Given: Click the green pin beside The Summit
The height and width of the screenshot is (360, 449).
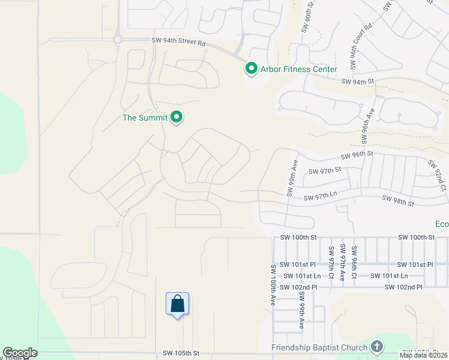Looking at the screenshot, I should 176,118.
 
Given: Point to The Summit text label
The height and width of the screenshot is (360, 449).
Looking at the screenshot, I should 145,118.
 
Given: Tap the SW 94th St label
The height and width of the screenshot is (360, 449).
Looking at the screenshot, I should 358,81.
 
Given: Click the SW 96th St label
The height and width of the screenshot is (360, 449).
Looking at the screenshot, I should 357,155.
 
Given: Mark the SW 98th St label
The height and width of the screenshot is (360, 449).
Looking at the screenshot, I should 397,202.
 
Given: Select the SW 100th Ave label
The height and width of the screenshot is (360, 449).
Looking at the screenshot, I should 273,286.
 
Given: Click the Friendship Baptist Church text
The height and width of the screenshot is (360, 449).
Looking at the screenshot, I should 319,347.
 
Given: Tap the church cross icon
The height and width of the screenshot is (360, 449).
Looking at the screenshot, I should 376,347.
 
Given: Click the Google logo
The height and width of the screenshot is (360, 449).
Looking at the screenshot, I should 20,353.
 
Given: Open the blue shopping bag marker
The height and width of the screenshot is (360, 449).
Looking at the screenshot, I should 177,304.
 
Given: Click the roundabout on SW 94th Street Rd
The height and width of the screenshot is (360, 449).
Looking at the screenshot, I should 118,40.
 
